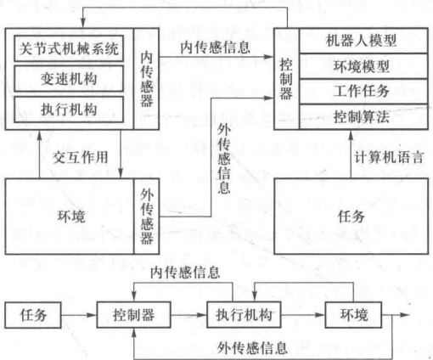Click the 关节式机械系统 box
pyautogui.click(x=69, y=48)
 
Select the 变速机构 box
pyautogui.click(x=69, y=79)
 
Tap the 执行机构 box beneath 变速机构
pyautogui.click(x=69, y=110)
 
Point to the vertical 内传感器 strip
pyautogui.click(x=146, y=79)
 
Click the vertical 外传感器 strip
pyautogui.click(x=146, y=217)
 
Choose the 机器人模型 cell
pyautogui.click(x=363, y=41)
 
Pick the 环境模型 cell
pyautogui.click(x=363, y=66)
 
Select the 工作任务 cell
pyautogui.click(x=363, y=91)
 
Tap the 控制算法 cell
pyautogui.click(x=363, y=116)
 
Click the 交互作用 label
pyautogui.click(x=81, y=157)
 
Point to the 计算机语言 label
pyautogui.click(x=389, y=157)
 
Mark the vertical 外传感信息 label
pyautogui.click(x=224, y=159)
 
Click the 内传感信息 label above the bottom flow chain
pyautogui.click(x=185, y=273)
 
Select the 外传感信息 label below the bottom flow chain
pyautogui.click(x=252, y=347)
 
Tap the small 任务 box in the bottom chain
pyautogui.click(x=33, y=315)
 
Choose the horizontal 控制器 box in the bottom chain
pyautogui.click(x=133, y=315)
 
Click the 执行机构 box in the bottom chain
pyautogui.click(x=244, y=315)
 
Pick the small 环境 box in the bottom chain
pyautogui.click(x=353, y=315)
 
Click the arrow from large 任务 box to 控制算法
pyautogui.click(x=351, y=155)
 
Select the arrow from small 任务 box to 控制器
pyautogui.click(x=79, y=315)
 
